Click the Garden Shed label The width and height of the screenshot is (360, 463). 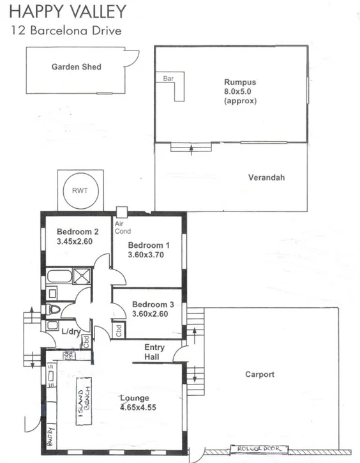(76, 66)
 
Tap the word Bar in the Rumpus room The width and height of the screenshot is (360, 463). (169, 79)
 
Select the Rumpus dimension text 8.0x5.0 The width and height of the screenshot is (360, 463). (239, 91)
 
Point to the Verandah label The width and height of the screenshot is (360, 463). (266, 178)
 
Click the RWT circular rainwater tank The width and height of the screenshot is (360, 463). (80, 190)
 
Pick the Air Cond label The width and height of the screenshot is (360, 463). (122, 227)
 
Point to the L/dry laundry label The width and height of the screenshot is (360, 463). (70, 331)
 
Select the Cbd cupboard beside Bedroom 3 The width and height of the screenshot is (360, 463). (119, 330)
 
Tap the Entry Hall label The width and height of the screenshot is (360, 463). (154, 352)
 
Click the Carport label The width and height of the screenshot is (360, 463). (260, 374)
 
